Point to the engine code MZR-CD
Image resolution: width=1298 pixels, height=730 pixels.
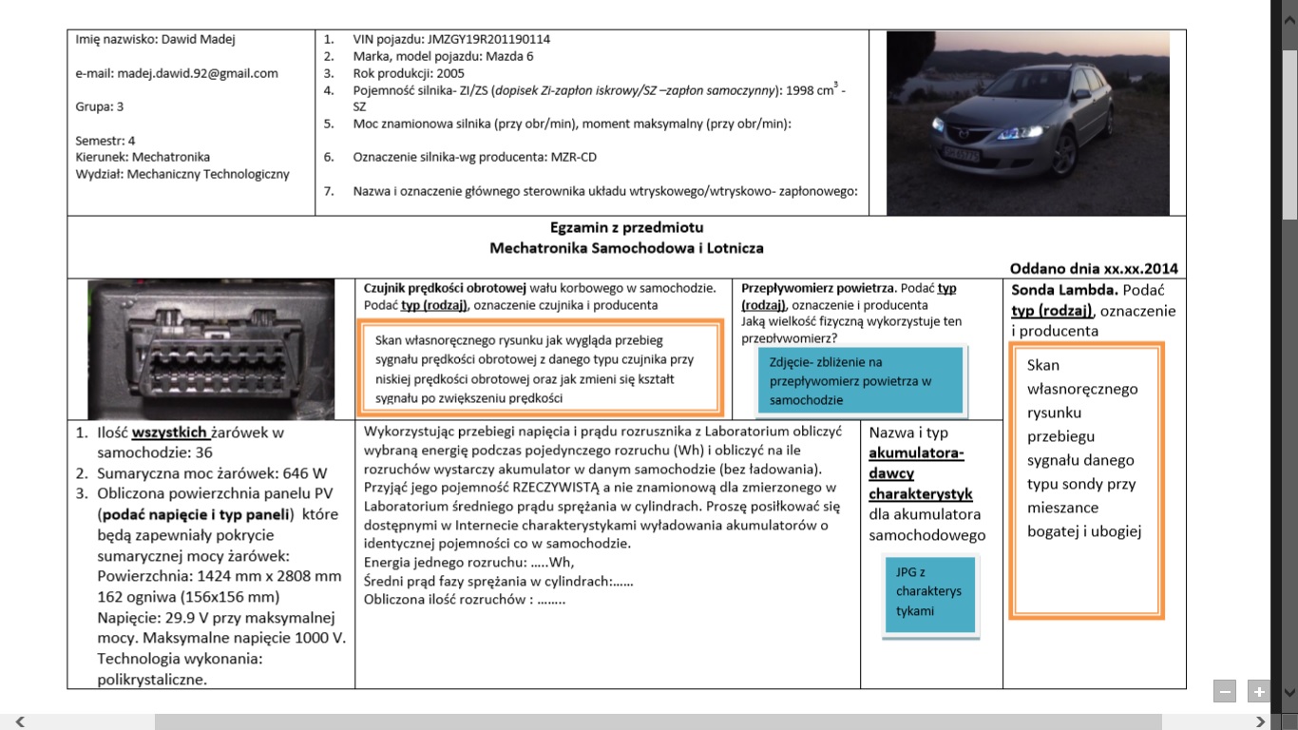tap(573, 157)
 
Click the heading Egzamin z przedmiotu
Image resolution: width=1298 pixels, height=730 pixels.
tap(626, 228)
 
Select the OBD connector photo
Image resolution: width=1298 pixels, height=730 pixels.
tap(211, 348)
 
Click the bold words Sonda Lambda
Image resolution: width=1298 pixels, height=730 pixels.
tap(1050, 290)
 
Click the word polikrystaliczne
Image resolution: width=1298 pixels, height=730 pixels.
tap(152, 680)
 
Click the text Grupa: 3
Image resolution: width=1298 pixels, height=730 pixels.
tap(100, 106)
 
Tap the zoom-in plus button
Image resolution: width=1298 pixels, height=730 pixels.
tap(1258, 692)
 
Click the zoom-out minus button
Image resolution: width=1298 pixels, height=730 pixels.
tap(1225, 692)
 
